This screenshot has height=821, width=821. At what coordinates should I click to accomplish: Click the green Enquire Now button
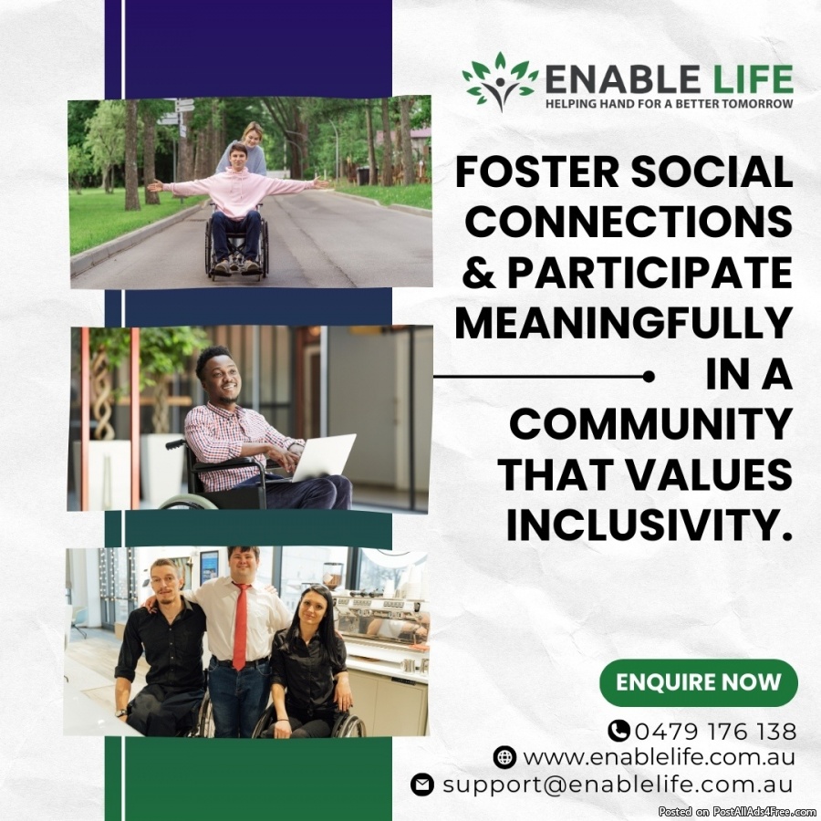(x=699, y=682)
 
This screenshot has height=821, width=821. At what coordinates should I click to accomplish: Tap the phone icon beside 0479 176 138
(x=618, y=731)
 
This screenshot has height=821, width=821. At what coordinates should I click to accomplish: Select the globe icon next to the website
(x=504, y=758)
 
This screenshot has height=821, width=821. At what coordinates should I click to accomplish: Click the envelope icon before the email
(x=422, y=785)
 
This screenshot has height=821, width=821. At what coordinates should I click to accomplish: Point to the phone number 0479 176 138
(x=716, y=732)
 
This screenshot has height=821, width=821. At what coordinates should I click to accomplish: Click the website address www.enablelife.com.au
(x=660, y=758)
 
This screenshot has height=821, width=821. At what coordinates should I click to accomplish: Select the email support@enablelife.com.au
(x=618, y=785)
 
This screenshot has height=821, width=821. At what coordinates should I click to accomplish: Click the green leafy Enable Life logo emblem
(x=500, y=81)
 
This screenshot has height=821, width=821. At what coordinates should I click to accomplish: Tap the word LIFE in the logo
(x=749, y=79)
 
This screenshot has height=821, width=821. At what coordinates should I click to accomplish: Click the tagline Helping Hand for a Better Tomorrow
(x=670, y=104)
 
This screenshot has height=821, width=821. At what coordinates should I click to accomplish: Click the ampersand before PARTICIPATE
(x=479, y=273)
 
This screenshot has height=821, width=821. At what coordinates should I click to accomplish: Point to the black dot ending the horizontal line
(x=649, y=377)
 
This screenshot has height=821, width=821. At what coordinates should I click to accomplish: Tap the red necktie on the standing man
(x=240, y=627)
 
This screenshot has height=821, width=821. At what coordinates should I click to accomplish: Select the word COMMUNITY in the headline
(x=650, y=423)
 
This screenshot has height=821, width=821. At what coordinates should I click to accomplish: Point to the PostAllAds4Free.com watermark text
(x=739, y=812)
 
